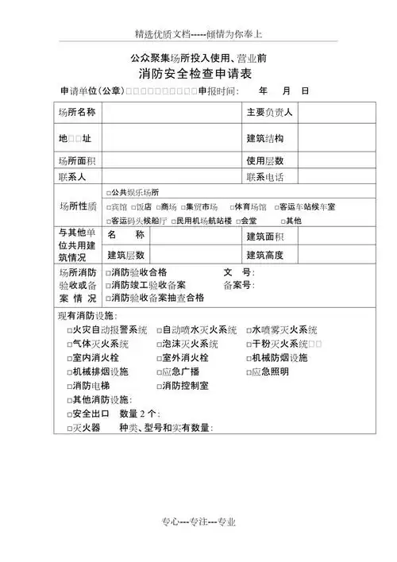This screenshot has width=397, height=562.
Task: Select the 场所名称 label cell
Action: click(x=77, y=113)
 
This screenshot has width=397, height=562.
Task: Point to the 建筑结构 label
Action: click(x=265, y=139)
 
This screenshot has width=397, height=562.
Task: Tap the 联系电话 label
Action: click(x=265, y=175)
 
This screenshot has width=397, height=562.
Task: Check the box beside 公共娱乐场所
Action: click(x=108, y=193)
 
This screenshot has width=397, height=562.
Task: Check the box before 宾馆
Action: click(x=108, y=207)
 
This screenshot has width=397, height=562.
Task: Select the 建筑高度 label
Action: click(x=265, y=255)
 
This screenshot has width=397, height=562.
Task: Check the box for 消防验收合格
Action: click(x=108, y=272)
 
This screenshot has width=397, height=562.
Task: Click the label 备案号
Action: click(x=238, y=285)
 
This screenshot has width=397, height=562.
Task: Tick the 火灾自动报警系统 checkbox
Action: click(x=68, y=329)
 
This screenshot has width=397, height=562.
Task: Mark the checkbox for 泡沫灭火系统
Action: click(x=160, y=344)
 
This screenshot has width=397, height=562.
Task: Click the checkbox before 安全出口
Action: click(x=68, y=414)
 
